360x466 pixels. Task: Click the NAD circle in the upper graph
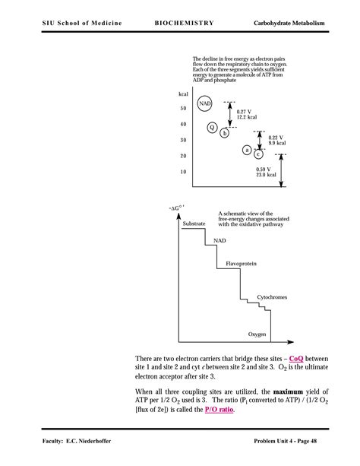205,104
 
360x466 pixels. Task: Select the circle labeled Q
213,127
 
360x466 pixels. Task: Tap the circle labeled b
224,133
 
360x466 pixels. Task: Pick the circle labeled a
247,150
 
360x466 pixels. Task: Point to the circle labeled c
258,154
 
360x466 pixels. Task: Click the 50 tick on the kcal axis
183,108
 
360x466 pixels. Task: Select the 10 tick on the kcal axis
183,172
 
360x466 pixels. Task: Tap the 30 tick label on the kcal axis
183,140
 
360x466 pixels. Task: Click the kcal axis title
183,94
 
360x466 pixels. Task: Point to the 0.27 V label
245,111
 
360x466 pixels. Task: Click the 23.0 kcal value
266,175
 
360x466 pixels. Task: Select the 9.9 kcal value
277,143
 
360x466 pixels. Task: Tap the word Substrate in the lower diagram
194,223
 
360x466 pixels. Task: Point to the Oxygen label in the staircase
257,334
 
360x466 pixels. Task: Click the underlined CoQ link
297,358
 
